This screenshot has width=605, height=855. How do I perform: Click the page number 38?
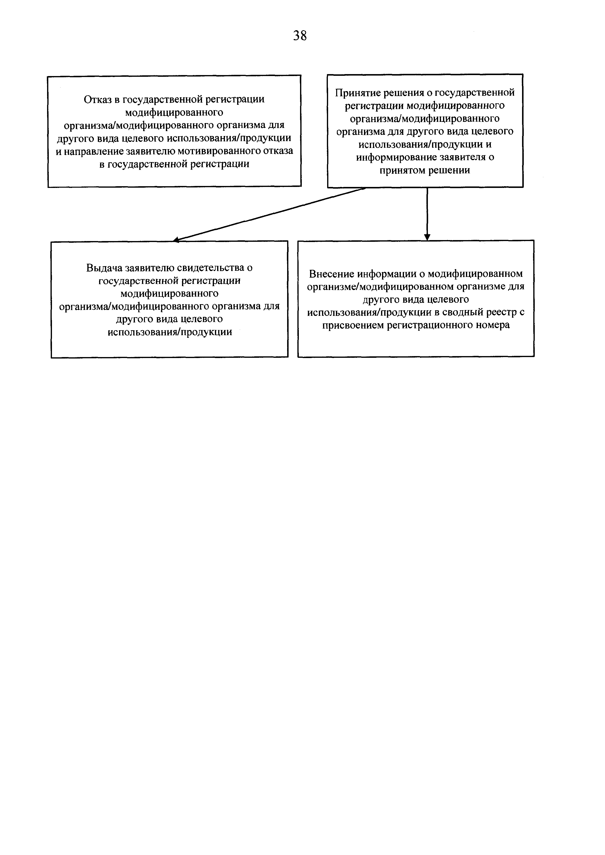[x=300, y=36]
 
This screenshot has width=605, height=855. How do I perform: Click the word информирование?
[x=396, y=157]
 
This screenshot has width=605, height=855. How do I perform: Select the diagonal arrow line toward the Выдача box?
[x=268, y=214]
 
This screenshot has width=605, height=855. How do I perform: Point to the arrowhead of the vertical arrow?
[x=427, y=237]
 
